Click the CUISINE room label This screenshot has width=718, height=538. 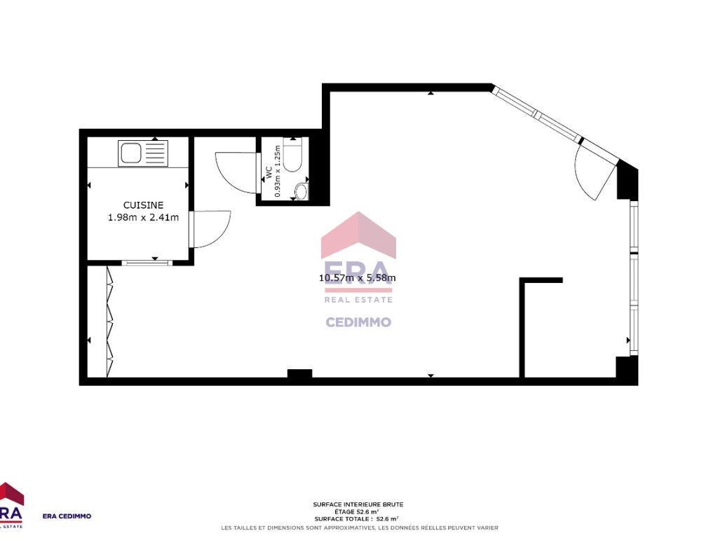tap(143, 205)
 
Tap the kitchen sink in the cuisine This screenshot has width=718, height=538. tap(143, 153)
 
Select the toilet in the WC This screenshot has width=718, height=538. tap(292, 156)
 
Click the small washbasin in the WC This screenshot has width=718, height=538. tap(301, 191)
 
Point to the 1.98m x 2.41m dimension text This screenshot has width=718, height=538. tap(143, 218)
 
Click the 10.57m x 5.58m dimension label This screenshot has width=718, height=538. tap(357, 277)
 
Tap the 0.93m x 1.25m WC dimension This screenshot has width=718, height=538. tap(277, 171)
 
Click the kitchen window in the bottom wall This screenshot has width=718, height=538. tap(147, 263)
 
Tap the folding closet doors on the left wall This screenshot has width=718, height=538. tap(109, 322)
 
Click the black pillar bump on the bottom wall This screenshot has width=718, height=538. tap(299, 373)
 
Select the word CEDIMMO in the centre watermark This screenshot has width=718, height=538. tap(358, 322)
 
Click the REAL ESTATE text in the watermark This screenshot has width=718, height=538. tap(358, 300)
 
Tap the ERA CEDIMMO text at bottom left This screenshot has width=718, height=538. tap(67, 516)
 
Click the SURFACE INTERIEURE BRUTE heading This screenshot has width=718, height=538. tap(358, 504)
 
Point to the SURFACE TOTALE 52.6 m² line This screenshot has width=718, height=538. tap(357, 519)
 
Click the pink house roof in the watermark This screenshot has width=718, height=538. tap(358, 235)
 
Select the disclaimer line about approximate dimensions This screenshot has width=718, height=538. tap(360, 528)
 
